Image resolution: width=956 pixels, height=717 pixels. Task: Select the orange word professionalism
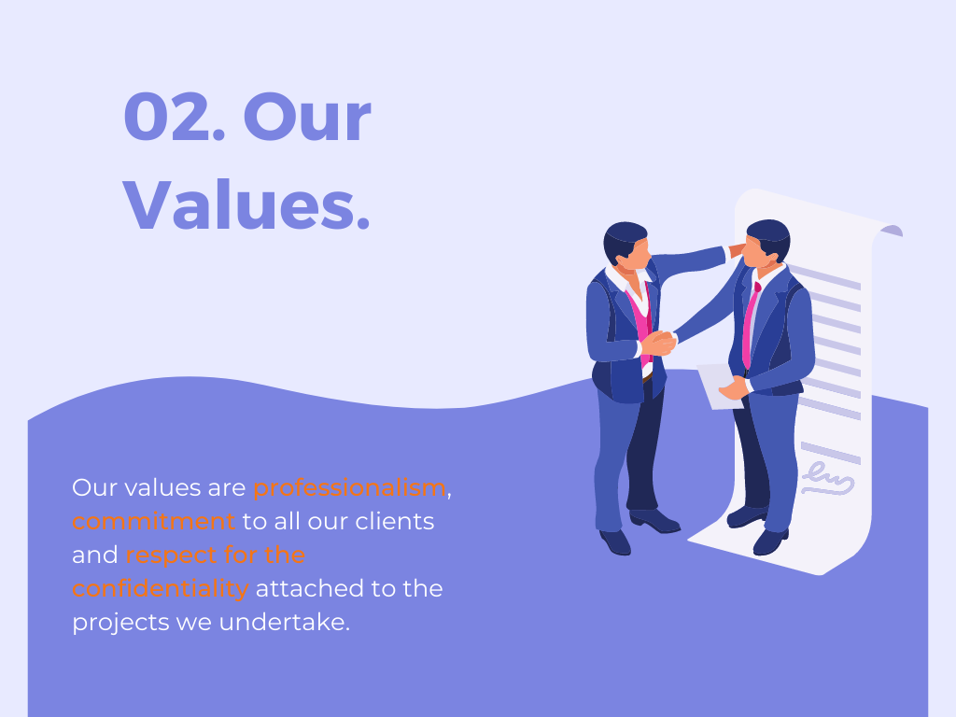[x=349, y=487]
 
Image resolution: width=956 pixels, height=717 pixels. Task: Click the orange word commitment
[x=153, y=521]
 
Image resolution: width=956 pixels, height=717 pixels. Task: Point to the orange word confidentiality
[x=161, y=588]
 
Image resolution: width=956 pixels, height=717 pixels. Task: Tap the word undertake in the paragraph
[x=284, y=622]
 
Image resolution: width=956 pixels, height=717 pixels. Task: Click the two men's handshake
[x=658, y=343]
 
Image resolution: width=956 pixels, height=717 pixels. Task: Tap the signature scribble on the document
[x=827, y=479]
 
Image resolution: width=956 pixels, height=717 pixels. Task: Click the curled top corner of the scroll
[x=892, y=231]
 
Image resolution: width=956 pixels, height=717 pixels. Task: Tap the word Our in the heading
[x=307, y=117]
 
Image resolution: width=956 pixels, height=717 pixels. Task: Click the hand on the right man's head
[x=737, y=249]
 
